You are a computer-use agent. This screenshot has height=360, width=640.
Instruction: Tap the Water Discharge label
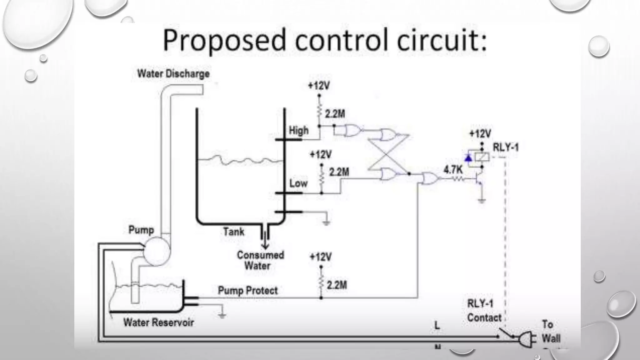[173, 74]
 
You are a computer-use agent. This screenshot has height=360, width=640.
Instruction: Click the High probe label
[298, 130]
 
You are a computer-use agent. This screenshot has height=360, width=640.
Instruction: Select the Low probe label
[298, 183]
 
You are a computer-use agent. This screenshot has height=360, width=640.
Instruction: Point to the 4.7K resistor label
[453, 170]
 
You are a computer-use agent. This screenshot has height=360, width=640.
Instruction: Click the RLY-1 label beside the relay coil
[505, 147]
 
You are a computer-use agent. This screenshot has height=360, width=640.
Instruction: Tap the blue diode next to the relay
[468, 158]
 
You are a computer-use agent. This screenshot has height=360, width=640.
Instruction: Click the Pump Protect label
[247, 290]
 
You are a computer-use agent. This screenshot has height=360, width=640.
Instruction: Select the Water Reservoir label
[158, 322]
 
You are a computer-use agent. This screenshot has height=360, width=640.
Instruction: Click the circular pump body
[157, 251]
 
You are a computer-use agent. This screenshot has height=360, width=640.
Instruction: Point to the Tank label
[233, 232]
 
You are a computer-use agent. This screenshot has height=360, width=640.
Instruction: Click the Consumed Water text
[260, 260]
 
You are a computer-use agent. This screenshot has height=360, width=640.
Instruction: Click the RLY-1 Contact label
[484, 311]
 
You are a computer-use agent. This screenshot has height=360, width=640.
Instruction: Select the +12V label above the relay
[480, 134]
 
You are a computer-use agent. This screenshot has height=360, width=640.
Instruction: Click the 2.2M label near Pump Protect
[337, 285]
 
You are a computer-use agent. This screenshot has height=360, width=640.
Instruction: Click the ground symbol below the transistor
[482, 201]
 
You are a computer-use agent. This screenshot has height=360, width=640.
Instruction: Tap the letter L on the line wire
[437, 326]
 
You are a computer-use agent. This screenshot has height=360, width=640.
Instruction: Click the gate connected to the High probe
[353, 131]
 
